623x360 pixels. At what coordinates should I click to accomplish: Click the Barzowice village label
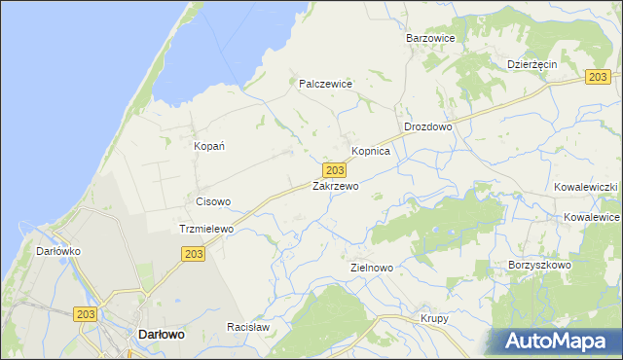tap(431, 38)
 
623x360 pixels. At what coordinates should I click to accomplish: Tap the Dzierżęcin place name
tap(531, 63)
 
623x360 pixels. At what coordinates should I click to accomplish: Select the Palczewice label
tap(324, 84)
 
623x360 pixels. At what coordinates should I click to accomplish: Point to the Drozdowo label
tap(428, 127)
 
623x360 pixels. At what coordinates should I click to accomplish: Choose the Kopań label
tap(210, 146)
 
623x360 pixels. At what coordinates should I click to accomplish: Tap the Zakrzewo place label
tap(336, 185)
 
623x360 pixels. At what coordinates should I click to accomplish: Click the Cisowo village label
tap(213, 202)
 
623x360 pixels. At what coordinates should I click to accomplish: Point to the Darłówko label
tap(58, 251)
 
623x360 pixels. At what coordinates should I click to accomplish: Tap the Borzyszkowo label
tap(538, 265)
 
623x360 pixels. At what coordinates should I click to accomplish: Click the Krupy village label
tap(434, 318)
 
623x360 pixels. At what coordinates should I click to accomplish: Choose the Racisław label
tap(247, 328)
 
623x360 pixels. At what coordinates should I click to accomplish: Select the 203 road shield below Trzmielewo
tap(193, 253)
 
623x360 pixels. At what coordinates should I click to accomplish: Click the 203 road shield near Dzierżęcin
tap(599, 77)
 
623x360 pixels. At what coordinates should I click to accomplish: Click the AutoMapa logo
tap(560, 341)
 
